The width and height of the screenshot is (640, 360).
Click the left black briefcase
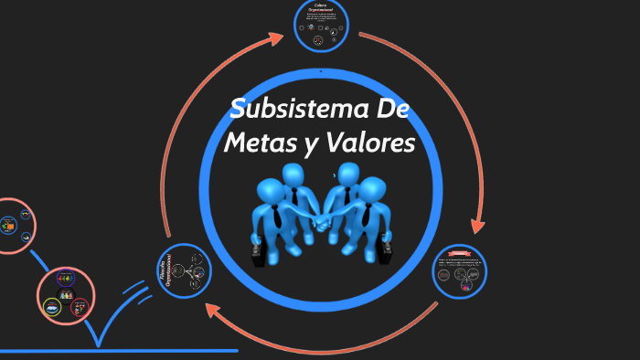click(260, 253)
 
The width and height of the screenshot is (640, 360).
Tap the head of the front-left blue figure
click(271, 193)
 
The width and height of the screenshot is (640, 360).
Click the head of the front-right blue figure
click(370, 190)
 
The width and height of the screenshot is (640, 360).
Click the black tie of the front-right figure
click(367, 216)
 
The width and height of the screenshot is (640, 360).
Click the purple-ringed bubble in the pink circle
click(66, 278)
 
